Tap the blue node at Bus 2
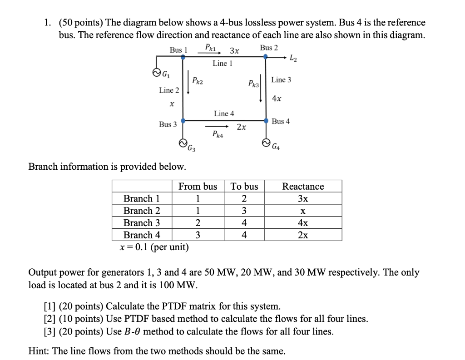click(x=266, y=57)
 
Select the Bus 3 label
click(x=168, y=124)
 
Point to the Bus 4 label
click(x=281, y=121)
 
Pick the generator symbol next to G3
click(x=183, y=143)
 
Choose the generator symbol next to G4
click(x=266, y=143)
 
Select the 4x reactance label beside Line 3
click(x=277, y=98)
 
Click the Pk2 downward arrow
click(x=188, y=81)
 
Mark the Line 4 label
click(x=224, y=113)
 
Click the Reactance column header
click(x=303, y=186)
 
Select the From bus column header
click(x=198, y=186)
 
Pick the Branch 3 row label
click(x=142, y=223)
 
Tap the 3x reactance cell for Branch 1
click(x=303, y=198)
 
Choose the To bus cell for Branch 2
click(x=244, y=211)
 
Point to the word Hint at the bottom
click(x=39, y=351)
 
